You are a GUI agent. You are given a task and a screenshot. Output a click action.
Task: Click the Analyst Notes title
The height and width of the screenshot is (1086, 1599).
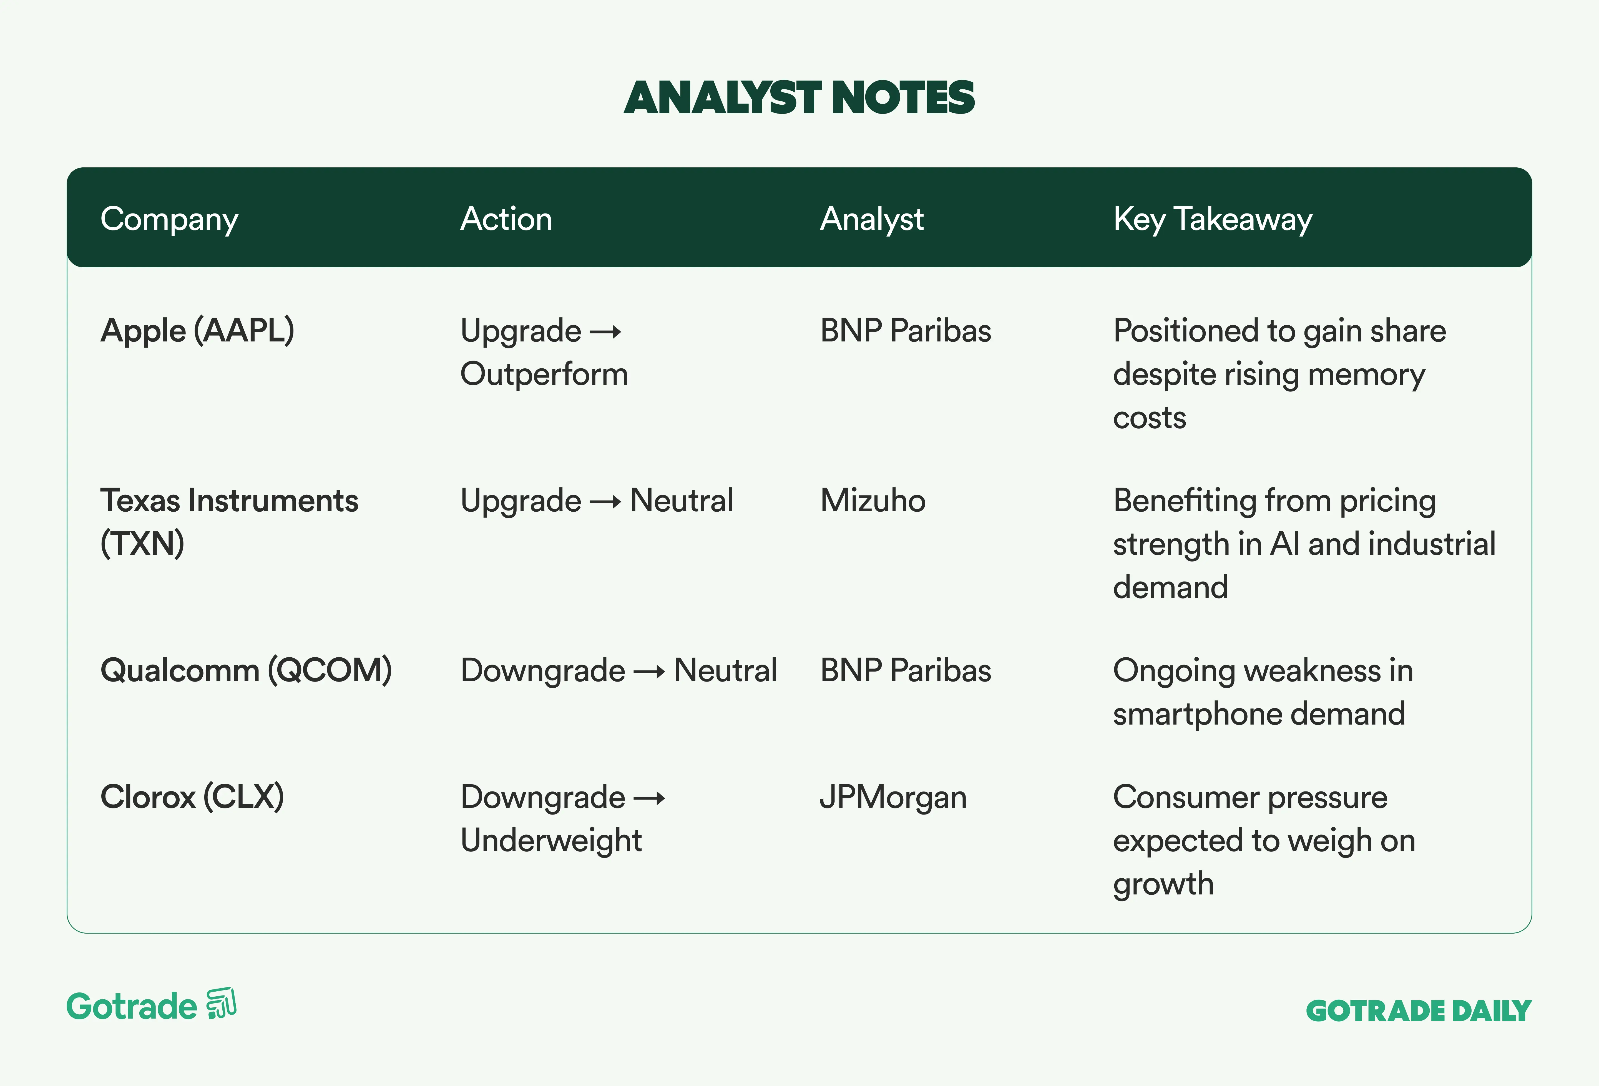(x=799, y=98)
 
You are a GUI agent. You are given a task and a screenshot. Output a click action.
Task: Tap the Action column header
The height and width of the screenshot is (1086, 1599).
(x=506, y=219)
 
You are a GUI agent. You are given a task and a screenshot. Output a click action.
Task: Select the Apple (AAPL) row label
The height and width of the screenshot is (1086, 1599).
(x=197, y=331)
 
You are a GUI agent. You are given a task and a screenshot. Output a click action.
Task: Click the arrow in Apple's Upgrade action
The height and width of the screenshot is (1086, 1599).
(x=605, y=332)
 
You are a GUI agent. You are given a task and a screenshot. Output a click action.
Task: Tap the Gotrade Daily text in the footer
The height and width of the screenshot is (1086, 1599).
(x=1419, y=1011)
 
